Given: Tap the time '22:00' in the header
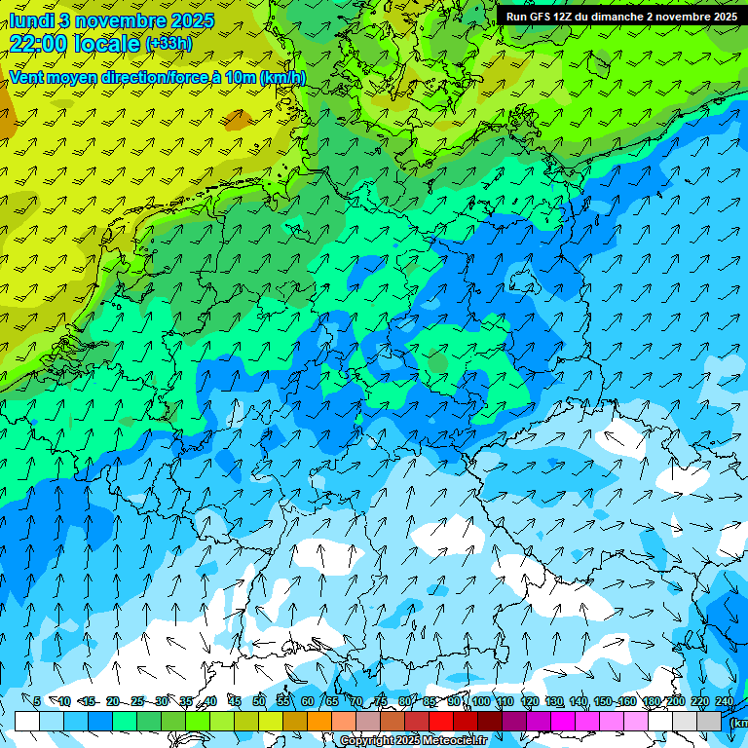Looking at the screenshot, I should (40, 43).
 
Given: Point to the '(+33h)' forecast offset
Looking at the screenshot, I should (168, 44).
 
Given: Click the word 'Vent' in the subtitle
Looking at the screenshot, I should (28, 78).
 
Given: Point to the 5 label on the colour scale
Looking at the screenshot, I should (37, 701).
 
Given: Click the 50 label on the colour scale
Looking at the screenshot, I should (259, 701).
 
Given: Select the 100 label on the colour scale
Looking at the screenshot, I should (480, 701).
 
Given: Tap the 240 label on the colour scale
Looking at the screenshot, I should (725, 701).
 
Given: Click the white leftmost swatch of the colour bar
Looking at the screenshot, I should (27, 721).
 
